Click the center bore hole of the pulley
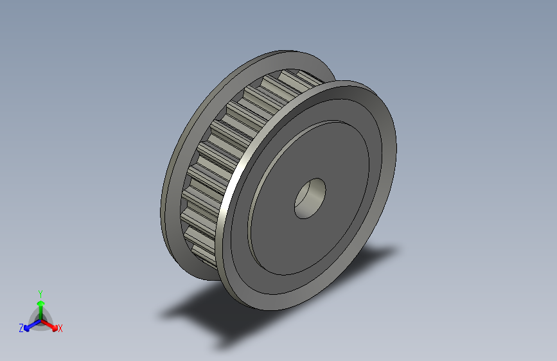[310, 198]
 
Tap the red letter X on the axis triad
[60, 329]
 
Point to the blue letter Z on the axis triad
[21, 328]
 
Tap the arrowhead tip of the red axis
[56, 327]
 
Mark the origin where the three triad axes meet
[40, 319]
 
